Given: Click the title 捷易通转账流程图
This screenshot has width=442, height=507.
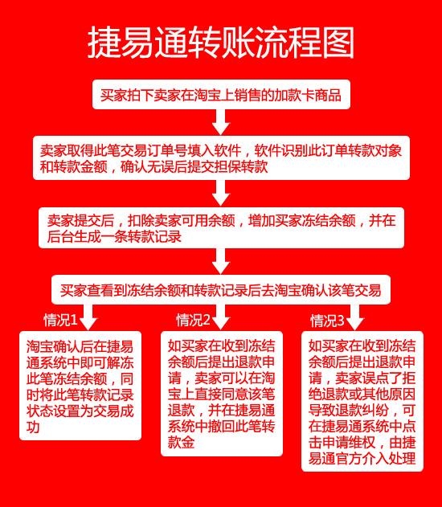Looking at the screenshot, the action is [221, 43].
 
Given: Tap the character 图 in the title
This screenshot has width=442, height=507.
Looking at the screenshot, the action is [338, 43].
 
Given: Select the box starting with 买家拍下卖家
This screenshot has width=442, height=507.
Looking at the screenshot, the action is [221, 95].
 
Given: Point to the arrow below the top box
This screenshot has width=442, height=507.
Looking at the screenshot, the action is [221, 122].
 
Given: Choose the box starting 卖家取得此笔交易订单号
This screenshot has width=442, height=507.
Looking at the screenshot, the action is [221, 157].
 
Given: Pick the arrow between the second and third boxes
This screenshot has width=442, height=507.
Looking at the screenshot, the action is [221, 193].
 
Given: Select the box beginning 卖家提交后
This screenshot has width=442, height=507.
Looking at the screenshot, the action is [221, 227].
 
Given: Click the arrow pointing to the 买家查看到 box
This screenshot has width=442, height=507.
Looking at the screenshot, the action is [221, 261].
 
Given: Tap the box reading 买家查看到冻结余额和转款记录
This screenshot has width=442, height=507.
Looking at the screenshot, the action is [221, 290].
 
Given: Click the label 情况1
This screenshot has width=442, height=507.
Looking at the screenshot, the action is [60, 320].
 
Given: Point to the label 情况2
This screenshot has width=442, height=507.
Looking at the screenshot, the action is [193, 320].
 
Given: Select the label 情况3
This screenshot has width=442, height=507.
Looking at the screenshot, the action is [327, 321].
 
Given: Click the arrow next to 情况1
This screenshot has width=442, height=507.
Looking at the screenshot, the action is [88, 317].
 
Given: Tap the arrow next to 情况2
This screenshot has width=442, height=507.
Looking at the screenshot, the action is [221, 317].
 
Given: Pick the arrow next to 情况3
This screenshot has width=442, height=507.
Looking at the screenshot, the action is [355, 317].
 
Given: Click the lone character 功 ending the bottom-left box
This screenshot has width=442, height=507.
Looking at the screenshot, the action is [33, 427].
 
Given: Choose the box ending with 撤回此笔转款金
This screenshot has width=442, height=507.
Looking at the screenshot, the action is [222, 394].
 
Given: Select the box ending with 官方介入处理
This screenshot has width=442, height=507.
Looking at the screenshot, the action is [362, 401].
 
